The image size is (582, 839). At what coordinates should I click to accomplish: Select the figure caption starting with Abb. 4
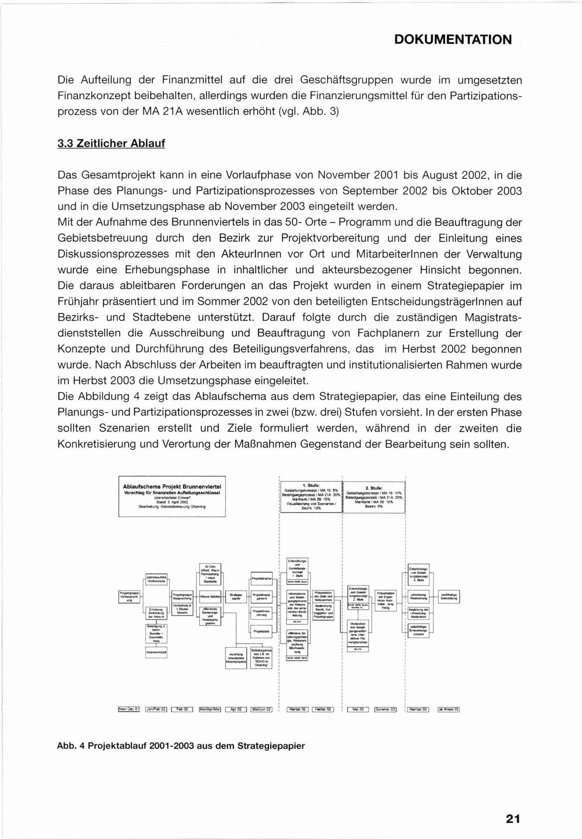pos(181,746)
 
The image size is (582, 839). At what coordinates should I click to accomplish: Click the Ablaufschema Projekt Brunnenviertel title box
pos(172,496)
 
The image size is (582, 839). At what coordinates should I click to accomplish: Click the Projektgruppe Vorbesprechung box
pos(129,597)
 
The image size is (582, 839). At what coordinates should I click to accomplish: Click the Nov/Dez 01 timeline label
pos(129,709)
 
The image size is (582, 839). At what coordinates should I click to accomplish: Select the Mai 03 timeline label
pos(358,709)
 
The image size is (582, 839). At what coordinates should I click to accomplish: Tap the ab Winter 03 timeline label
pos(448,709)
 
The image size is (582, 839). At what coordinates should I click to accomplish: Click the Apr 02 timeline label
pos(236,709)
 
